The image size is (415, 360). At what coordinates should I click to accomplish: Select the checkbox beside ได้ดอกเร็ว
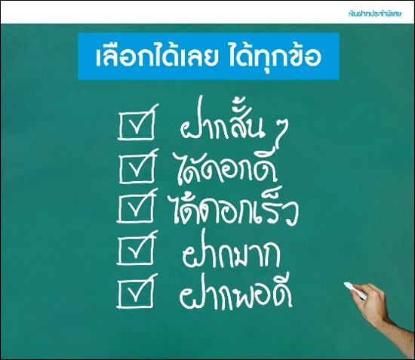(x=136, y=208)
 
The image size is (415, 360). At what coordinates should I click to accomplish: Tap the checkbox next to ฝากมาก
(x=136, y=249)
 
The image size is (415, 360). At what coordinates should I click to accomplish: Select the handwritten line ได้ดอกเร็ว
(x=234, y=209)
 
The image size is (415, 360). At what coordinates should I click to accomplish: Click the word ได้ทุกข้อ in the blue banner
(x=274, y=57)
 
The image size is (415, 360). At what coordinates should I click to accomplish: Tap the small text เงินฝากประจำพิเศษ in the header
(x=374, y=14)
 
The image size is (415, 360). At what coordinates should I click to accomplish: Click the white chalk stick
(x=355, y=291)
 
